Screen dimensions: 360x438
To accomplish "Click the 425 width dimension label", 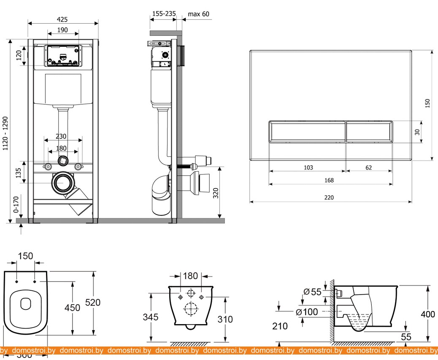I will click(62, 19).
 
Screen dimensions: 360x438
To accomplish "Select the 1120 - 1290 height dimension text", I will click(5, 133).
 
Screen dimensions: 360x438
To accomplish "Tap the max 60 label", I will click(198, 14).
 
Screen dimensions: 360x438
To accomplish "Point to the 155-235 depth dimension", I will click(164, 14).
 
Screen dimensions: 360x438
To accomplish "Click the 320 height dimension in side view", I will click(215, 193).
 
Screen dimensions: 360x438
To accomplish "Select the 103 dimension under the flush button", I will click(308, 167).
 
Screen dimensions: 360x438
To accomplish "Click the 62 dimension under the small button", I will click(368, 167).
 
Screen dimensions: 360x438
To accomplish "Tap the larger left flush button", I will click(307, 132).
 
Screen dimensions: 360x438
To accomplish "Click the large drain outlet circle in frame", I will click(63, 183).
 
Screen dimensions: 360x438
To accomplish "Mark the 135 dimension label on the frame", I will click(19, 172).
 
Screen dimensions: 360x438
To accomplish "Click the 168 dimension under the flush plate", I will click(329, 180).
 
